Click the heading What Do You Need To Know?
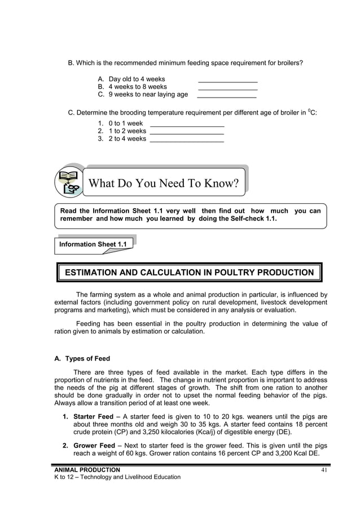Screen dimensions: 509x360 (x=164, y=183)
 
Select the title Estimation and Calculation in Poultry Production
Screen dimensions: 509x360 (x=190, y=273)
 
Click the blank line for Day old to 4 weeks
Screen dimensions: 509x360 (x=228, y=81)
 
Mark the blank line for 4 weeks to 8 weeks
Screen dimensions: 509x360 (x=228, y=89)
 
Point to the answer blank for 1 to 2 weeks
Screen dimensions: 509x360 (x=187, y=133)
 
